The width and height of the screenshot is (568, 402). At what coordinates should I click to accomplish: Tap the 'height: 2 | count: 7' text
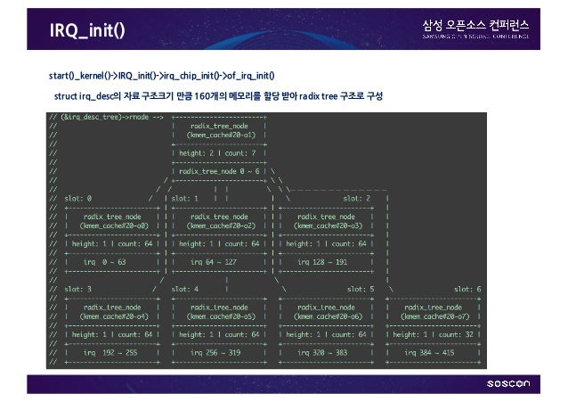[x=217, y=152]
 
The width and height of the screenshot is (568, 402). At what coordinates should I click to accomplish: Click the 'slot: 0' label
[x=77, y=198]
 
